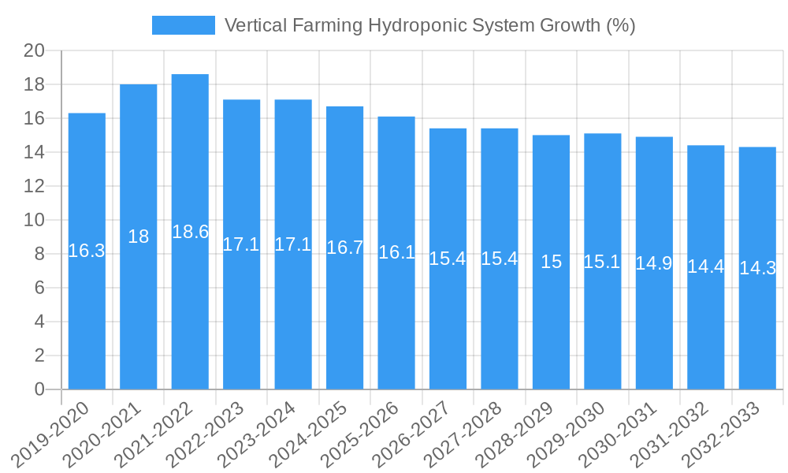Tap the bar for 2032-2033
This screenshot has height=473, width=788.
[757, 268]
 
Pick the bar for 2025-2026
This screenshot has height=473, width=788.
[396, 252]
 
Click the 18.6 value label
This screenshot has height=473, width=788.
[190, 232]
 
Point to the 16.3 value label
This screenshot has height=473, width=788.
[87, 251]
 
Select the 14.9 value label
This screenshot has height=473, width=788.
[654, 263]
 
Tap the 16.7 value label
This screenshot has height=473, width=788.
[344, 248]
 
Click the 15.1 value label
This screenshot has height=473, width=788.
[602, 262]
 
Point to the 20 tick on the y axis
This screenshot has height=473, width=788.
[34, 51]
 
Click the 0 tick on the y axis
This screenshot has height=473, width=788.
[39, 389]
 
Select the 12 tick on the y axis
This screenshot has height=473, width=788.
[34, 186]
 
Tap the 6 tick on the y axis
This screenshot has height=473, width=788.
[39, 288]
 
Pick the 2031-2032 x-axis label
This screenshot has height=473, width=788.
[671, 434]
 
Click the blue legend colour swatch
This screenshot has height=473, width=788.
[183, 25]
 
